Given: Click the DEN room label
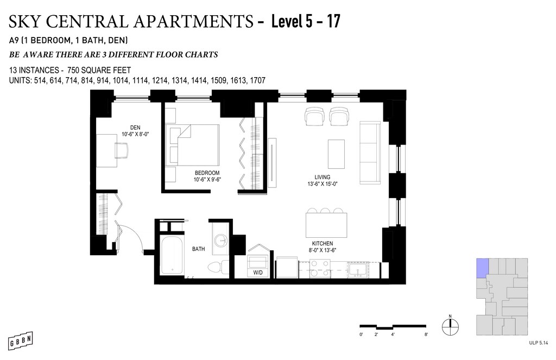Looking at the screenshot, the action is (x=135, y=128).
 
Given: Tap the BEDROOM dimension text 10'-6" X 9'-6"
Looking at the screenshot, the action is (x=207, y=180).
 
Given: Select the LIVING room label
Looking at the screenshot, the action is (x=323, y=177).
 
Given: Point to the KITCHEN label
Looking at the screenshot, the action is (x=323, y=243).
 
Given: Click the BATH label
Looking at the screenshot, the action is (x=199, y=249).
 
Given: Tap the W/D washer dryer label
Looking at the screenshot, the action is (x=258, y=273).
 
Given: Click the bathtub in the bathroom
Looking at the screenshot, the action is (x=172, y=255).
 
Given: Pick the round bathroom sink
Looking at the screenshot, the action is (x=222, y=240).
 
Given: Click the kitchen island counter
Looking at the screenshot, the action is (x=326, y=225).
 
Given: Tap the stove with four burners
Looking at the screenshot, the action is (x=320, y=269).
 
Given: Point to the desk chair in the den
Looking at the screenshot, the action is (x=122, y=150).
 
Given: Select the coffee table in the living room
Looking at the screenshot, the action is (x=336, y=154).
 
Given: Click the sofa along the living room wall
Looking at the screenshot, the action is (x=370, y=153).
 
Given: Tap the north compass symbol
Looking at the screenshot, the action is (x=450, y=326).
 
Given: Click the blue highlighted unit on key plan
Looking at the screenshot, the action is (x=482, y=268).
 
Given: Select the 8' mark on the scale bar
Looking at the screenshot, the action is (x=426, y=334).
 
